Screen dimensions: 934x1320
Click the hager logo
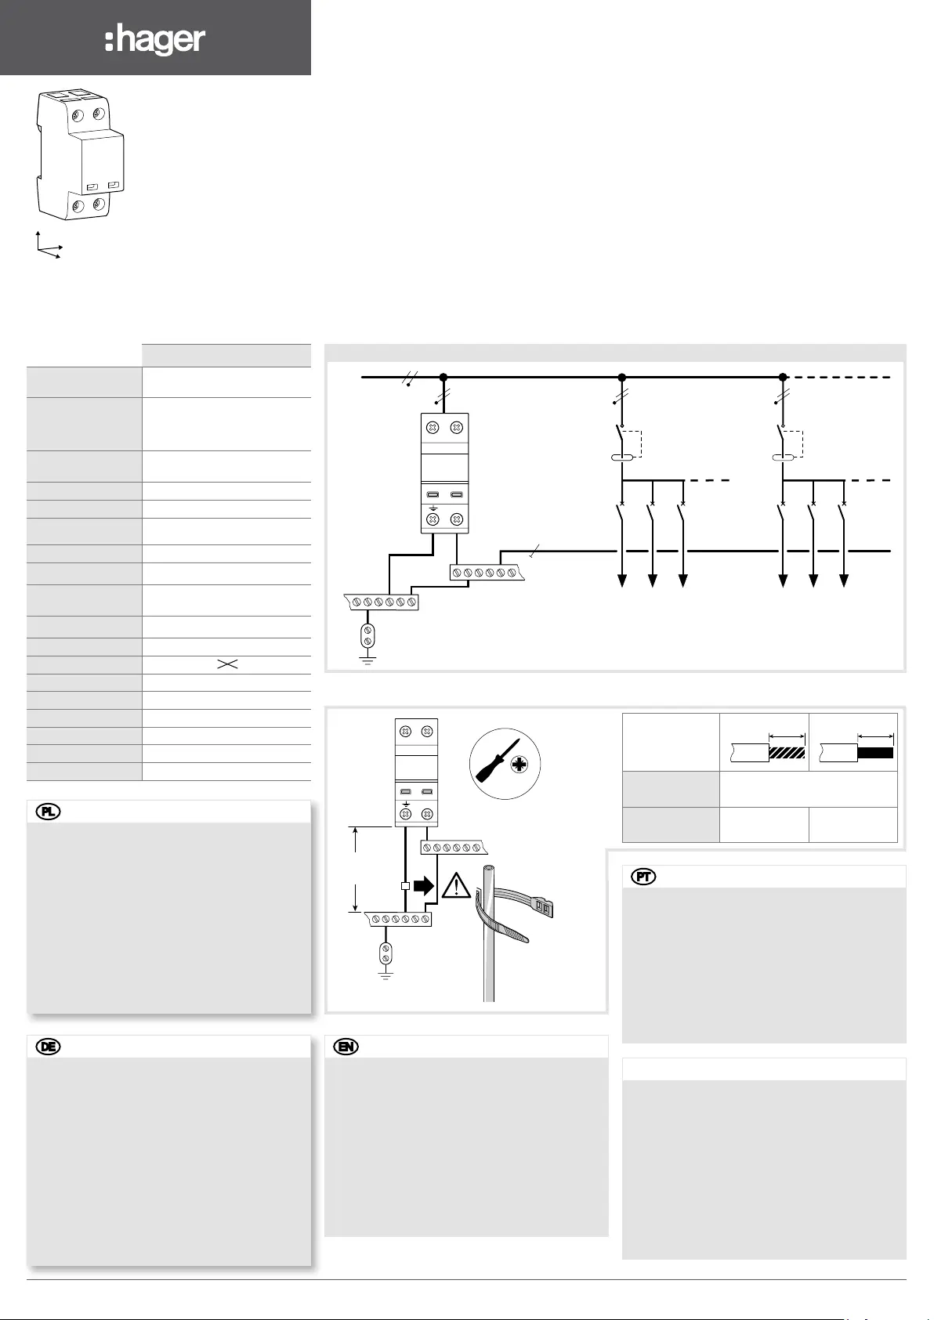click(x=155, y=40)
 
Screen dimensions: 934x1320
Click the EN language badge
click(x=346, y=1047)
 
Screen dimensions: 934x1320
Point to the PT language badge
click(x=644, y=877)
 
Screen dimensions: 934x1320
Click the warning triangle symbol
click(x=456, y=885)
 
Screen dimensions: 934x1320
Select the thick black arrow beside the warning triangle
click(x=423, y=885)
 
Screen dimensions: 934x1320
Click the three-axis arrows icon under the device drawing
click(x=48, y=245)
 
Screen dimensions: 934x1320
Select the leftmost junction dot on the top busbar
click(x=443, y=377)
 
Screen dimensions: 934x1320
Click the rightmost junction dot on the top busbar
click(x=783, y=377)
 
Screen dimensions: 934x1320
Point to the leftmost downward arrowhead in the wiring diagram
click(x=622, y=580)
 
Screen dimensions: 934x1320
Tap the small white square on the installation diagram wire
click(x=404, y=886)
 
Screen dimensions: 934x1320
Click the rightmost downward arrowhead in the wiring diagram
click(x=844, y=580)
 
